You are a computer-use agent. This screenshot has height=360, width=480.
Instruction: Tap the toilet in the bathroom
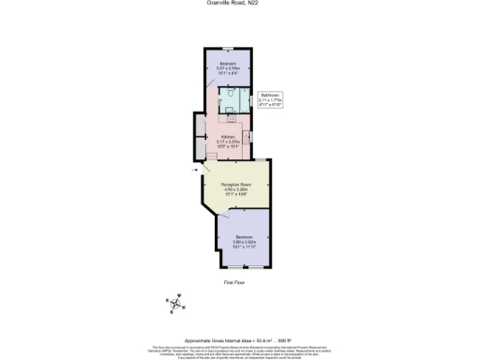coord(228,94)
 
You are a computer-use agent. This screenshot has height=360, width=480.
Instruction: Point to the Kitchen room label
coord(228,136)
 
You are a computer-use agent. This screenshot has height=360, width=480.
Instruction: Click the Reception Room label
coord(234,186)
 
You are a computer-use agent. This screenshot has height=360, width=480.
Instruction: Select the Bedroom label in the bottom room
coord(243,236)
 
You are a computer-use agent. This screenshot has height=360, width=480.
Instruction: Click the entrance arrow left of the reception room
coord(194,170)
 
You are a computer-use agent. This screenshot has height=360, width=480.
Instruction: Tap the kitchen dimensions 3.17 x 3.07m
coord(228,142)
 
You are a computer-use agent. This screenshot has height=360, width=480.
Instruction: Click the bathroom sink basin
coord(228,110)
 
